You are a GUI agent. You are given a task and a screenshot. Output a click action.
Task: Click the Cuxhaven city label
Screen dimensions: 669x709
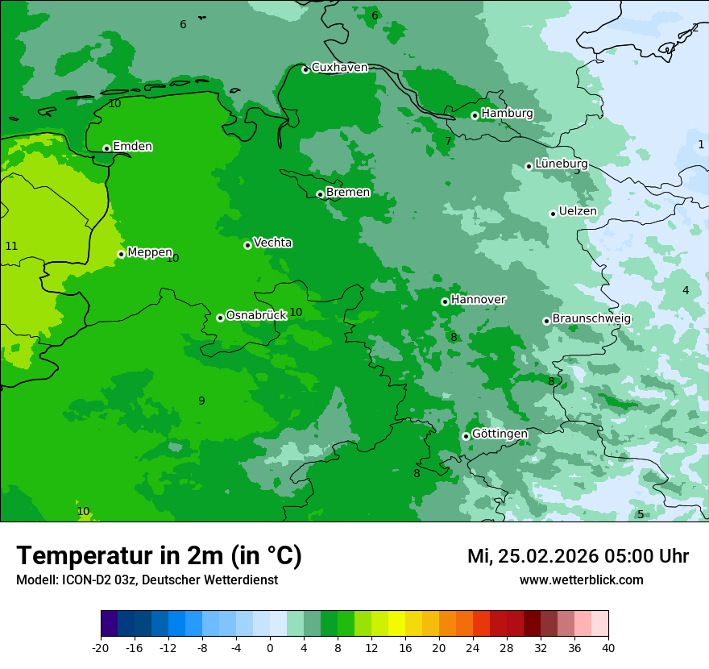tap(339, 68)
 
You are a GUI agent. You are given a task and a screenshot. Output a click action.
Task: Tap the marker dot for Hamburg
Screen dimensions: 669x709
tap(475, 115)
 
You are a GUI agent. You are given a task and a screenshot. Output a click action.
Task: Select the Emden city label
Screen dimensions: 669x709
tap(132, 147)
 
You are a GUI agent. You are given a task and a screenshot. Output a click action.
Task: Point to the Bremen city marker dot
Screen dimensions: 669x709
tap(320, 194)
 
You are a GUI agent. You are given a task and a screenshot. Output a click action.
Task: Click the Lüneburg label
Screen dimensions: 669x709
tap(561, 164)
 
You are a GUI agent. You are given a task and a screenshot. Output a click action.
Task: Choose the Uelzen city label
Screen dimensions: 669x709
tap(578, 212)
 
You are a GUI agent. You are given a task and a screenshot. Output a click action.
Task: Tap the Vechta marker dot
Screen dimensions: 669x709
tap(247, 245)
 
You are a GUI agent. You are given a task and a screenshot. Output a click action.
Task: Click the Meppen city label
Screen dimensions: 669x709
tap(150, 253)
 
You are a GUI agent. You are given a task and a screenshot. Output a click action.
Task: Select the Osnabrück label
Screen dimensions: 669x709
tap(256, 316)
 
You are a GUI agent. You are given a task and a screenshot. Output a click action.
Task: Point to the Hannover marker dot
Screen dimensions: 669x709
tap(445, 301)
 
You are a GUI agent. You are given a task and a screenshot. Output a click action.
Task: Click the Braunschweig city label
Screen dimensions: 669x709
tap(591, 319)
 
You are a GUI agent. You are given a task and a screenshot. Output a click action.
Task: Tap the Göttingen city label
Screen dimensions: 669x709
tap(500, 434)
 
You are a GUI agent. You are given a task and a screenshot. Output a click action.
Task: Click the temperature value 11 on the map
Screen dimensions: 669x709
tap(11, 246)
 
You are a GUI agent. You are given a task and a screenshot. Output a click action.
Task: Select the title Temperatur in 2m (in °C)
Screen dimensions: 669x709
tap(159, 556)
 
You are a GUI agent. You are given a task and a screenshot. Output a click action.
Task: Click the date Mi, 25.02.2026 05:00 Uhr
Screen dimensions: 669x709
tap(578, 556)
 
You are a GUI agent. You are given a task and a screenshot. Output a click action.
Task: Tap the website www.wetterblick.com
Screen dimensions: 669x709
tap(581, 580)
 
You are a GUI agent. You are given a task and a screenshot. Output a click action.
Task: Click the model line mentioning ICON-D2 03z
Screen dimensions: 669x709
tap(147, 580)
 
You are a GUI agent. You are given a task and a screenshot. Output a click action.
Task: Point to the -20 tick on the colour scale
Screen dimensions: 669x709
tap(101, 647)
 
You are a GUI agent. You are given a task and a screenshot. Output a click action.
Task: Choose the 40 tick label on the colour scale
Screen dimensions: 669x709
tap(608, 647)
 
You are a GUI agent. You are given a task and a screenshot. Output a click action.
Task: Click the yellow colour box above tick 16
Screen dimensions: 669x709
tap(404, 624)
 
